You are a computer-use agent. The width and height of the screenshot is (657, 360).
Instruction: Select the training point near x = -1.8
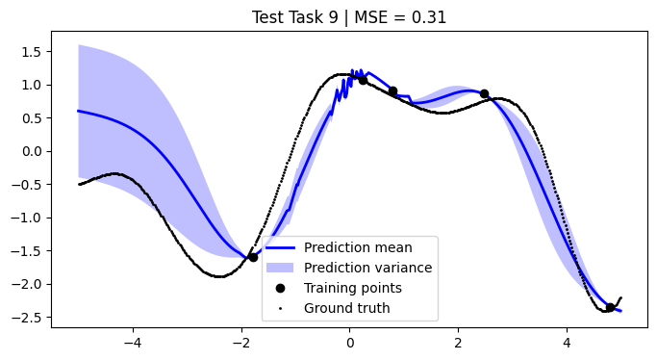[x=253, y=257]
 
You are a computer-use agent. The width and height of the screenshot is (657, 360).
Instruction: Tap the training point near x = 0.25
[x=363, y=80]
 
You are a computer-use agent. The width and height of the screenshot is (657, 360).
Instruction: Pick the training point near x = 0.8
[x=392, y=91]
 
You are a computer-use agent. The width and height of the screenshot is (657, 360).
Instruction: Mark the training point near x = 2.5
[x=484, y=94]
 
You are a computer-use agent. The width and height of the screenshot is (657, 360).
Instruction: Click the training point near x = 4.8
[x=610, y=308]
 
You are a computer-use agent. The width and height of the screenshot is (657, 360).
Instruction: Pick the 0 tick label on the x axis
[x=350, y=342]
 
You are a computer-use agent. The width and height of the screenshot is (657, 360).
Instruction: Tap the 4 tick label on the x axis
[x=567, y=342]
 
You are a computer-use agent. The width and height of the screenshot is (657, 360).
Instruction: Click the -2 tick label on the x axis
[x=240, y=342]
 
